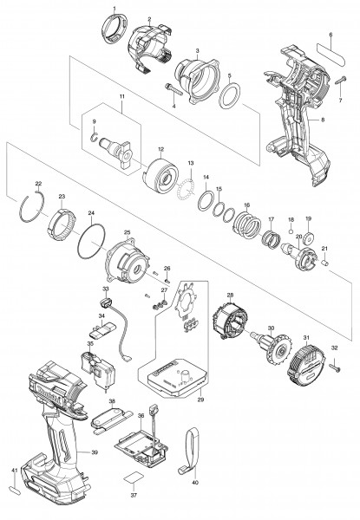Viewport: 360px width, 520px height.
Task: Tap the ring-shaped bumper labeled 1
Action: [x=113, y=36]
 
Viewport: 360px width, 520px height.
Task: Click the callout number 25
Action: [x=127, y=232]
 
